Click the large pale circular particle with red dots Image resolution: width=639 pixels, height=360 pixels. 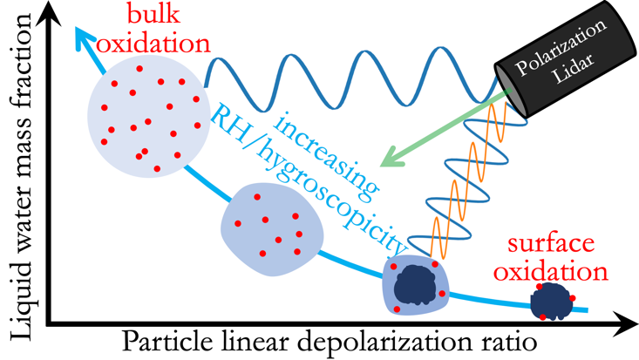[146, 117]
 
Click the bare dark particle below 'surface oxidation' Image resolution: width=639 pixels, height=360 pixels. [551, 301]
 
